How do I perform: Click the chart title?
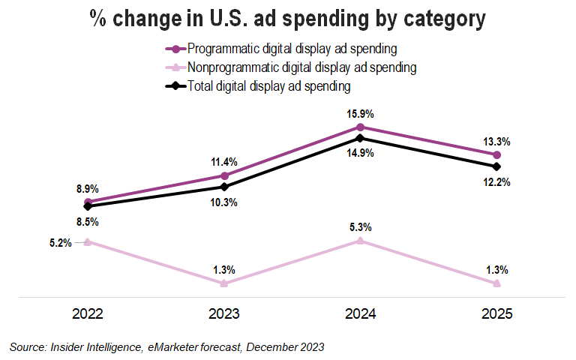pyautogui.click(x=288, y=19)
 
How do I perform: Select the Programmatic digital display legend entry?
pyautogui.click(x=293, y=49)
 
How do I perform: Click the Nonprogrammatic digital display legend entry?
pyautogui.click(x=302, y=67)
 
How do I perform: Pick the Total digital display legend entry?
pyautogui.click(x=269, y=86)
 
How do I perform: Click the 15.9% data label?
pyautogui.click(x=361, y=114)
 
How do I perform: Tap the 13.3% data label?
pyautogui.click(x=497, y=141)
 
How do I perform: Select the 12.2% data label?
pyautogui.click(x=497, y=181)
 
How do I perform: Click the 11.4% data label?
pyautogui.click(x=224, y=162)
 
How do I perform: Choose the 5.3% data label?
pyautogui.click(x=361, y=227)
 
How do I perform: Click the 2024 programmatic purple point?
pyautogui.click(x=361, y=127)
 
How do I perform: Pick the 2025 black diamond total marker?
pyautogui.click(x=497, y=166)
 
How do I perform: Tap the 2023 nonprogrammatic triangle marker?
pyautogui.click(x=224, y=283)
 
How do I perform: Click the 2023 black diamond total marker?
pyautogui.click(x=224, y=187)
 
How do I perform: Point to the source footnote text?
pyautogui.click(x=167, y=346)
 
